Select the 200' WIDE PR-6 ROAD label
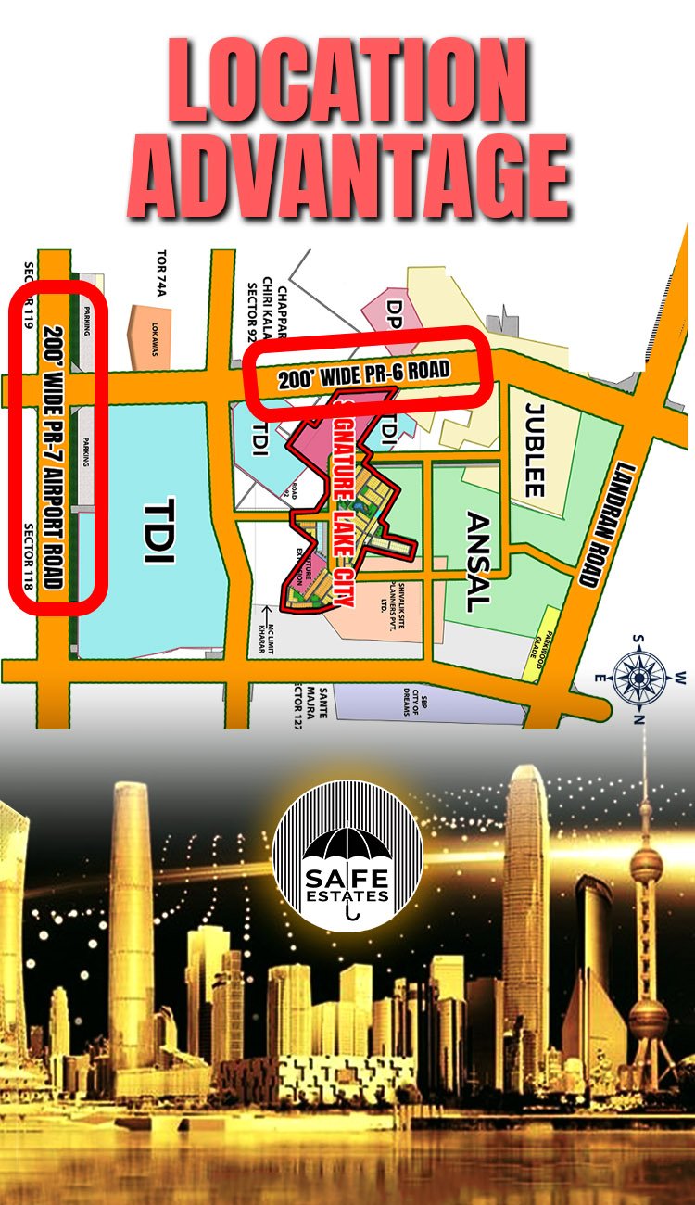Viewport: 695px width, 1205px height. click(x=364, y=374)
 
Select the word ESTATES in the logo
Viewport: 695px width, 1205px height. click(x=347, y=897)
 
